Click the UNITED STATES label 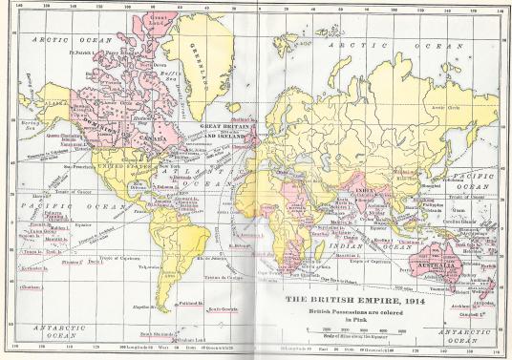tap(113, 163)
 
